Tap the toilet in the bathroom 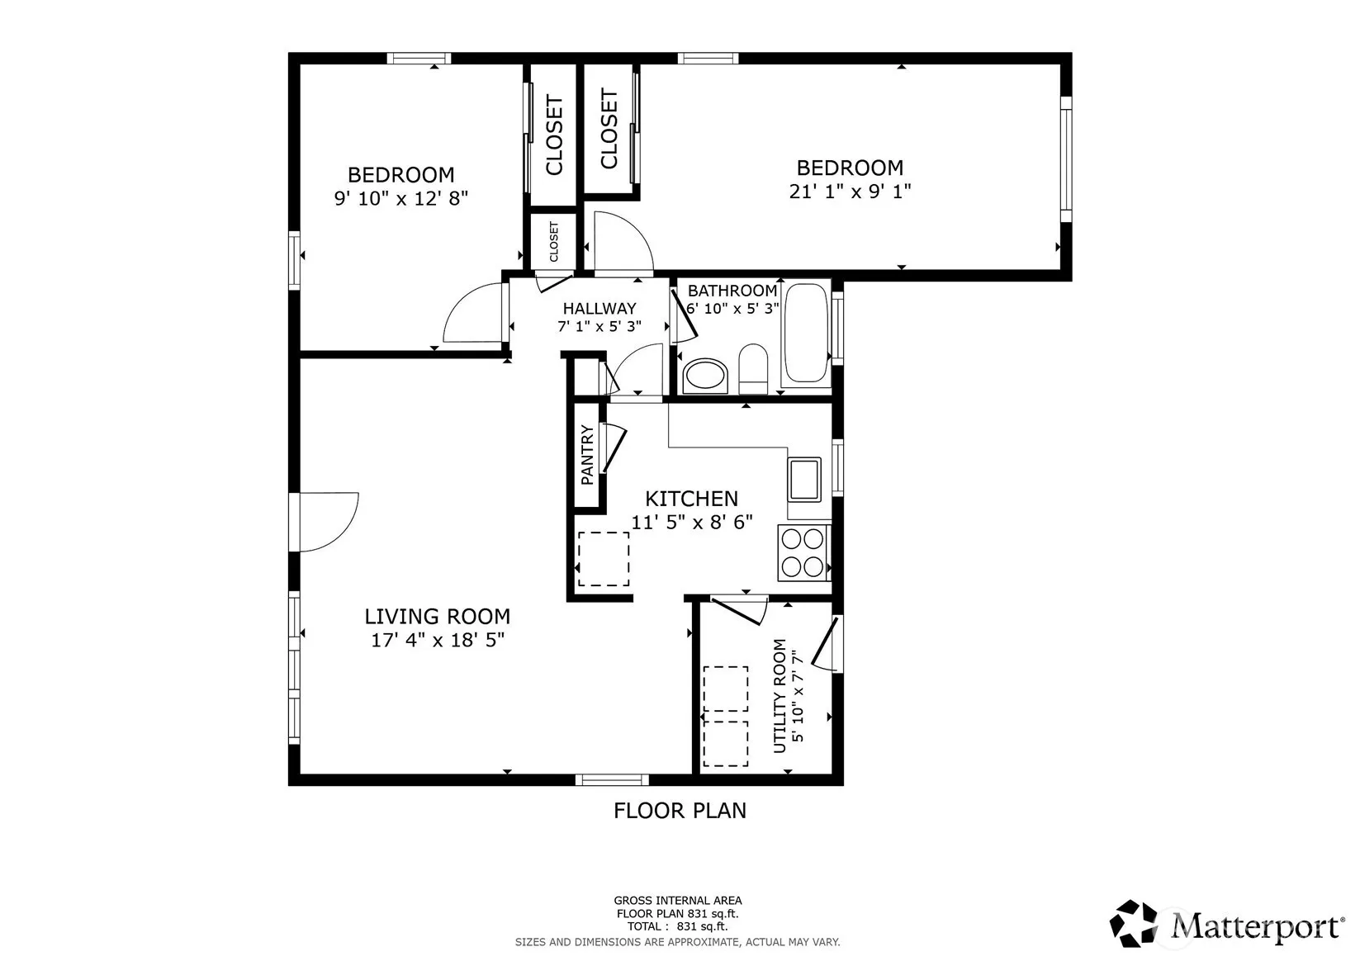tap(753, 369)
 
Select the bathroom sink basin tap(705, 376)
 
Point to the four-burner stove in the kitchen tap(802, 553)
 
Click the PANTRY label tap(587, 455)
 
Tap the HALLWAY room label tap(599, 309)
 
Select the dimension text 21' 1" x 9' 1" tap(850, 192)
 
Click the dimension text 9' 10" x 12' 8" tap(401, 198)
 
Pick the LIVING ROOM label tap(437, 617)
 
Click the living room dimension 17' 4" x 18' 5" tap(438, 640)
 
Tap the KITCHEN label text tap(691, 499)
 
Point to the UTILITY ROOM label tap(780, 696)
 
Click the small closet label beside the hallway tap(554, 242)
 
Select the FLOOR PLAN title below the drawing tap(680, 811)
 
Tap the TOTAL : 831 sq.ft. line tap(678, 926)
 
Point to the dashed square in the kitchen tap(604, 558)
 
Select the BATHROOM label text tap(732, 291)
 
